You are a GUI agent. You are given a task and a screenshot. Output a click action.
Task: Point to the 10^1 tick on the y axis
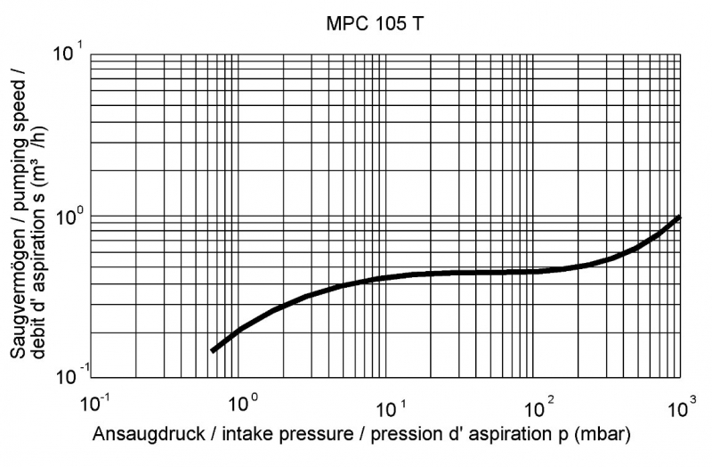69,53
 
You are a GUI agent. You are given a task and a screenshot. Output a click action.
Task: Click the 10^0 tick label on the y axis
69,215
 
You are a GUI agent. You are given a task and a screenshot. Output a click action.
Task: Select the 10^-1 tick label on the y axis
69,374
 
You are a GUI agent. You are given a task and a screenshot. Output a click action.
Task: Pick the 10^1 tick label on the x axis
391,402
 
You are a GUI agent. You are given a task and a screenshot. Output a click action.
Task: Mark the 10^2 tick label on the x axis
537,402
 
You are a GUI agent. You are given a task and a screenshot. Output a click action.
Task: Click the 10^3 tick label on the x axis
681,402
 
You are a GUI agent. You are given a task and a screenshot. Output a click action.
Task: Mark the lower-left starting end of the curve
213,350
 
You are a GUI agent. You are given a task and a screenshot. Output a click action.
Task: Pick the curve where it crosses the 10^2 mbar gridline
532,271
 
